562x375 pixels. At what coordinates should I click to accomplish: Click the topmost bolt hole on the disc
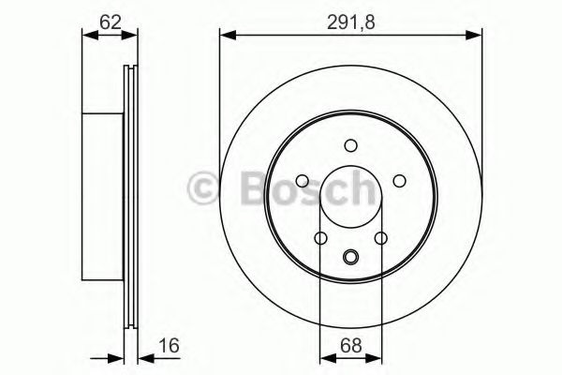(x=350, y=145)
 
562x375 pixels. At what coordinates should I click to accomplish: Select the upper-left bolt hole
(x=303, y=181)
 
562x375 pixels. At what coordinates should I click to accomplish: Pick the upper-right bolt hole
(x=398, y=181)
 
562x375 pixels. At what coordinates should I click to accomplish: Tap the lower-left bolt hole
(x=320, y=238)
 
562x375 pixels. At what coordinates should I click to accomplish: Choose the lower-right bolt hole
(x=380, y=238)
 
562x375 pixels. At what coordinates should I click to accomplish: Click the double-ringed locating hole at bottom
(x=350, y=258)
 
